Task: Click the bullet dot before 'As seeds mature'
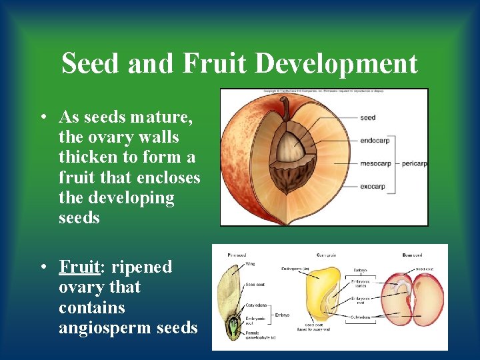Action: [x=42, y=118]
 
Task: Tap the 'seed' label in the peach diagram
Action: [x=367, y=118]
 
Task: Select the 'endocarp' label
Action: [x=375, y=141]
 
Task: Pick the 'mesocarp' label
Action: [x=375, y=163]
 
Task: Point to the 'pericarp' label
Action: [x=414, y=163]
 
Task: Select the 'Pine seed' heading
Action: [x=237, y=255]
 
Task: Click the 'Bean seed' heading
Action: [x=411, y=255]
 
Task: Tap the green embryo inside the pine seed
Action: [x=233, y=327]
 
